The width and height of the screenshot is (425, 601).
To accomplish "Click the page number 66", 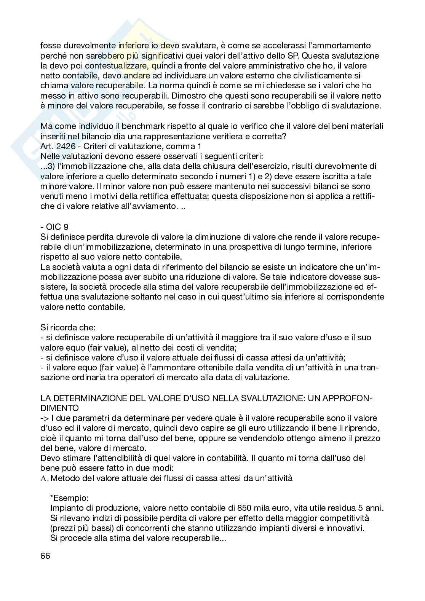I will click(45, 555).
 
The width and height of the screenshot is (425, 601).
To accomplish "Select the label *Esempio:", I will click(66, 498).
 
